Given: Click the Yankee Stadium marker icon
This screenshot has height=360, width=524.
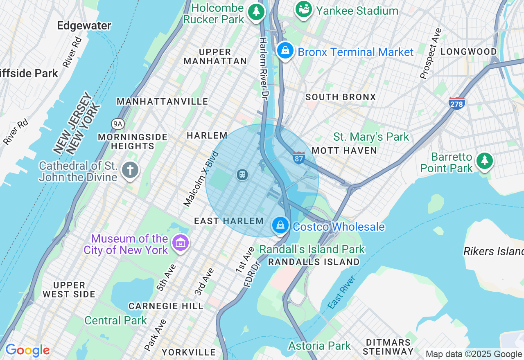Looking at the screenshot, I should tap(304, 10).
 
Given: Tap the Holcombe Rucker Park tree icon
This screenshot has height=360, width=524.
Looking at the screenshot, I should tap(257, 12).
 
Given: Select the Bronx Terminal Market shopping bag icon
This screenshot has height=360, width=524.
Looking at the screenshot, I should tap(285, 51).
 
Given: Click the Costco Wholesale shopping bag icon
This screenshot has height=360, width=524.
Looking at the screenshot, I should tap(281, 225).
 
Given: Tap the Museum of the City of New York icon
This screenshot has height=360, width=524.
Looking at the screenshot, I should tap(180, 243).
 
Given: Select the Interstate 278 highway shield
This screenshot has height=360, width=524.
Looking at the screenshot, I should tap(457, 103).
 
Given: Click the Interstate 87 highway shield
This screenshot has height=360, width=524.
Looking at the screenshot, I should tap(299, 158).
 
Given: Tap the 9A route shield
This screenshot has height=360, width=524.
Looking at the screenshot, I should tap(117, 124).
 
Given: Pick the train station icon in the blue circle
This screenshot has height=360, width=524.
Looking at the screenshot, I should tap(242, 175).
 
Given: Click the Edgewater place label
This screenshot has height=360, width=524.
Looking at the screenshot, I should tap(84, 26).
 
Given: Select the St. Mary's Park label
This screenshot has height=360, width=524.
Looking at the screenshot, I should tap(371, 137).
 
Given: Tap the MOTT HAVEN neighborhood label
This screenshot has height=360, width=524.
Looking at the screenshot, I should tap(344, 151).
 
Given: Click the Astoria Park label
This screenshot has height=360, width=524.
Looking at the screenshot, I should tap(319, 346).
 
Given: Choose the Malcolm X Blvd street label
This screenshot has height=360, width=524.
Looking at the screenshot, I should tap(201, 179).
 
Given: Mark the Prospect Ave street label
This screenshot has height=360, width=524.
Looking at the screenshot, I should tap(431, 53).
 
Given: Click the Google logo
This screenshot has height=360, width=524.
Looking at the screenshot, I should tap(27, 351).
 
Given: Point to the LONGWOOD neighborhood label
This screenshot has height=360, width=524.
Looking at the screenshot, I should tap(468, 52).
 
